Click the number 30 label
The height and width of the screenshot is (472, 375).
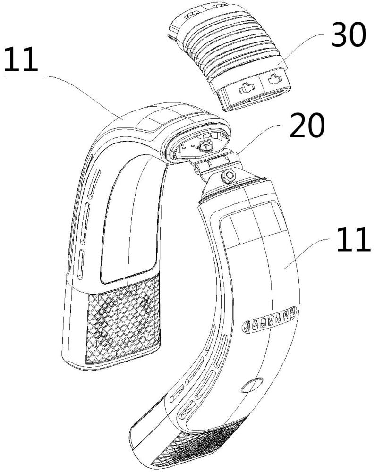(349, 35)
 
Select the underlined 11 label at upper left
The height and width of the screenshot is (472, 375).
(21, 59)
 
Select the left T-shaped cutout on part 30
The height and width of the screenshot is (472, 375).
(247, 88)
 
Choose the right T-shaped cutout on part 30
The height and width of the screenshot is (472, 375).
(275, 79)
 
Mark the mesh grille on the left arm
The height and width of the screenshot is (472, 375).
(123, 319)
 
